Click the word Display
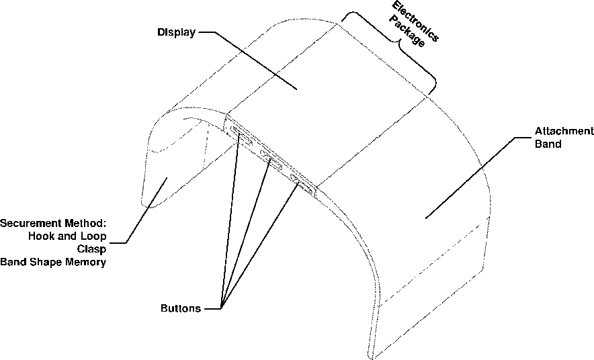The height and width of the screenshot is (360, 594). click(x=176, y=32)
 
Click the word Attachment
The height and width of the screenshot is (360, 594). click(x=564, y=131)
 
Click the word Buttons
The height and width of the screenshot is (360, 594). click(x=180, y=309)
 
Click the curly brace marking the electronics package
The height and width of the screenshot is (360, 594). click(x=396, y=50)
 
